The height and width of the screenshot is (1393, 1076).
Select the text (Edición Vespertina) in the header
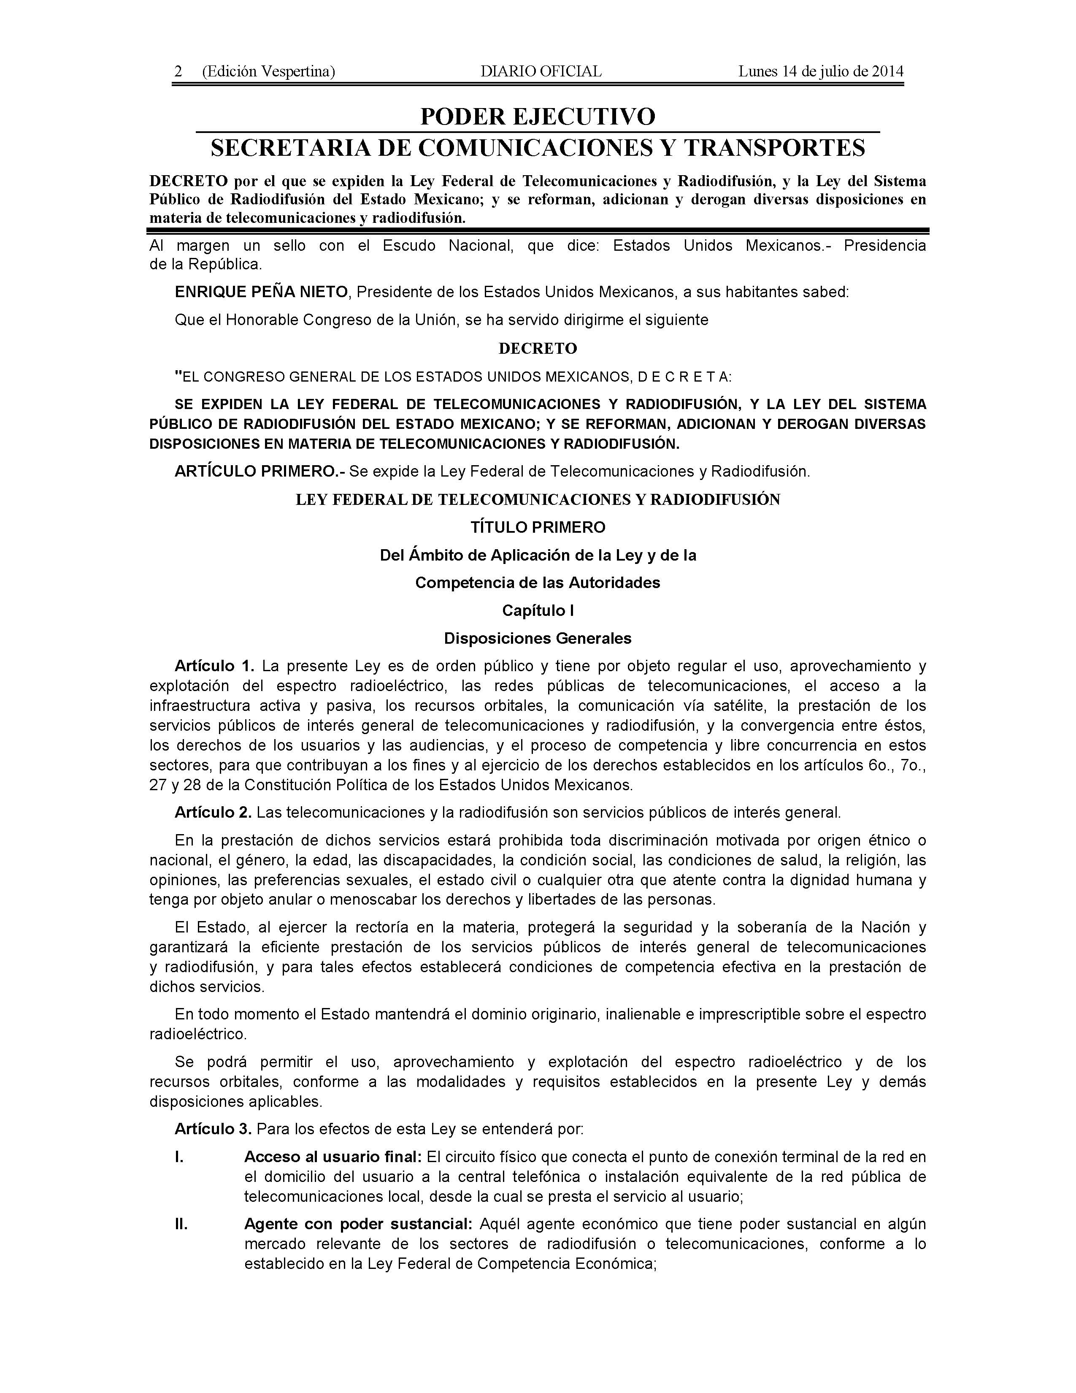(x=268, y=71)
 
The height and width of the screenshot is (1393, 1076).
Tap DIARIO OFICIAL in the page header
(x=541, y=71)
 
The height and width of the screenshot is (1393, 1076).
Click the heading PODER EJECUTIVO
(x=537, y=117)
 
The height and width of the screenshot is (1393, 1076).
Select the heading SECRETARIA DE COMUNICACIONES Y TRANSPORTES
(x=537, y=148)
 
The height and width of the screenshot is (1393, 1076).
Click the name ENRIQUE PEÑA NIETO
(x=261, y=292)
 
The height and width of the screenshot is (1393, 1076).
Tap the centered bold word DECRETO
(x=537, y=348)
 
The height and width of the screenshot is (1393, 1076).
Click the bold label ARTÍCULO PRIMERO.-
(x=260, y=472)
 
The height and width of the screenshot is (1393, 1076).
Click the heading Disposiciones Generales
(x=537, y=638)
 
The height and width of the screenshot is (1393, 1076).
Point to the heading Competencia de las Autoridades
(x=537, y=583)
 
